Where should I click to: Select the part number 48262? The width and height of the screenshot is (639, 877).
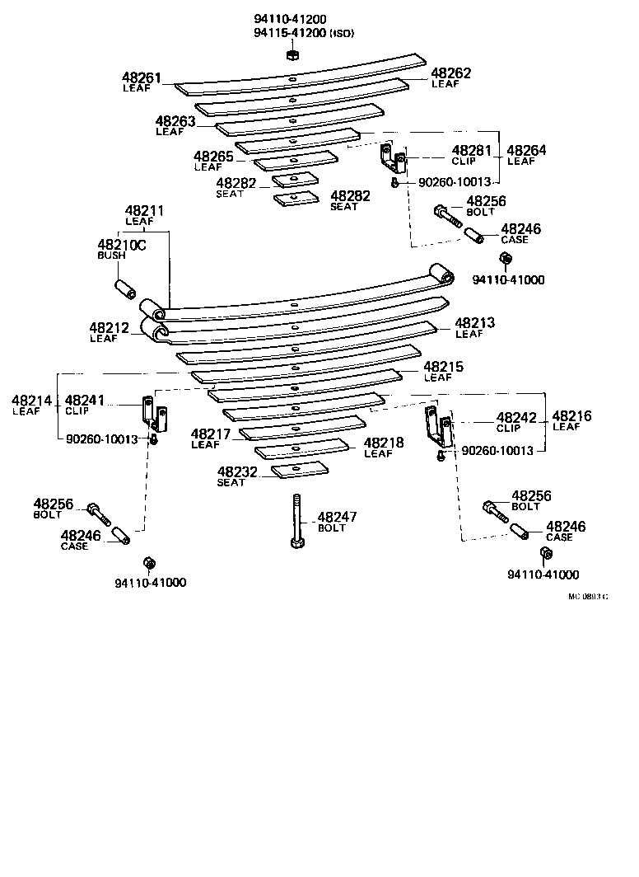tap(451, 73)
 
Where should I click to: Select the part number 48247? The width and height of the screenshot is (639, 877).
tap(338, 517)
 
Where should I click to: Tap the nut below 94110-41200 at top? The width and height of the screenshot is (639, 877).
tap(292, 54)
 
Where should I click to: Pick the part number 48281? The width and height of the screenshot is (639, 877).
tap(472, 151)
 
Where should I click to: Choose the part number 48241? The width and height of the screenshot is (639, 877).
tap(85, 400)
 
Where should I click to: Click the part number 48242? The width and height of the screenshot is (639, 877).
tap(516, 418)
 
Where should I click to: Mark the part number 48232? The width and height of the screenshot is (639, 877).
tap(238, 472)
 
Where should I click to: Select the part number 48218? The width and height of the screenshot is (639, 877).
tap(384, 443)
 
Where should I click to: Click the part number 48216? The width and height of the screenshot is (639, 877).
tap(572, 416)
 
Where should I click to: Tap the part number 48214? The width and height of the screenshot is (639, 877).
tap(32, 401)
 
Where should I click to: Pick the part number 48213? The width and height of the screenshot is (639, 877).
tap(475, 323)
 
